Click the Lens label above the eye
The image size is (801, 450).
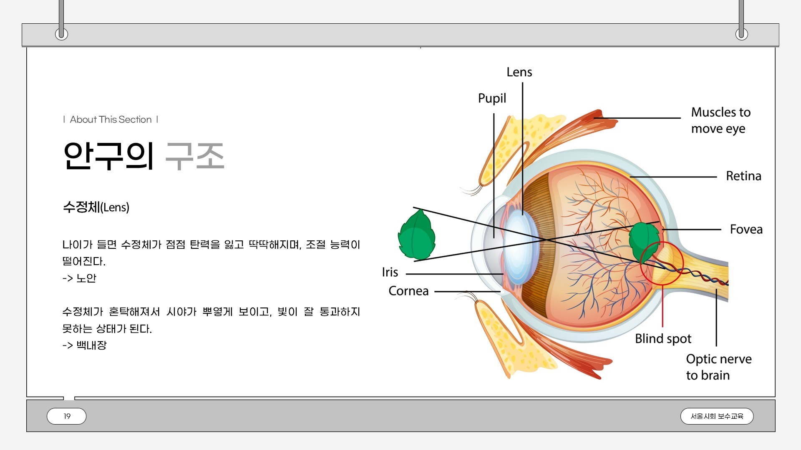[519, 72]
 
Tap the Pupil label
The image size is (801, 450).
[492, 98]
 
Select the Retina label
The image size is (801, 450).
[743, 176]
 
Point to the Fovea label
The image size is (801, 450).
[746, 229]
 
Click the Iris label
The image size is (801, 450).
[390, 272]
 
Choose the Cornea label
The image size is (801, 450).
[408, 291]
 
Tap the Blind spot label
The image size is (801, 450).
[663, 338]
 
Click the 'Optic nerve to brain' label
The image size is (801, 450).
[718, 367]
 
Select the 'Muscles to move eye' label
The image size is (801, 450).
[720, 120]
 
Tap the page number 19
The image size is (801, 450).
[67, 416]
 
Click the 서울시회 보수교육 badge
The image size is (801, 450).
[717, 416]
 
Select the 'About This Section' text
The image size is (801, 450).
[111, 120]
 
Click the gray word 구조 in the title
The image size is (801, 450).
[195, 156]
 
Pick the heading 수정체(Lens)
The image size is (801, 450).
[96, 207]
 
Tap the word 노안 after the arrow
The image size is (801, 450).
[86, 278]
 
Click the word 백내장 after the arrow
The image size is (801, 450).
[91, 345]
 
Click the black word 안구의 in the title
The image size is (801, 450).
[109, 156]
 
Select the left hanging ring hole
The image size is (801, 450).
[61, 34]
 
